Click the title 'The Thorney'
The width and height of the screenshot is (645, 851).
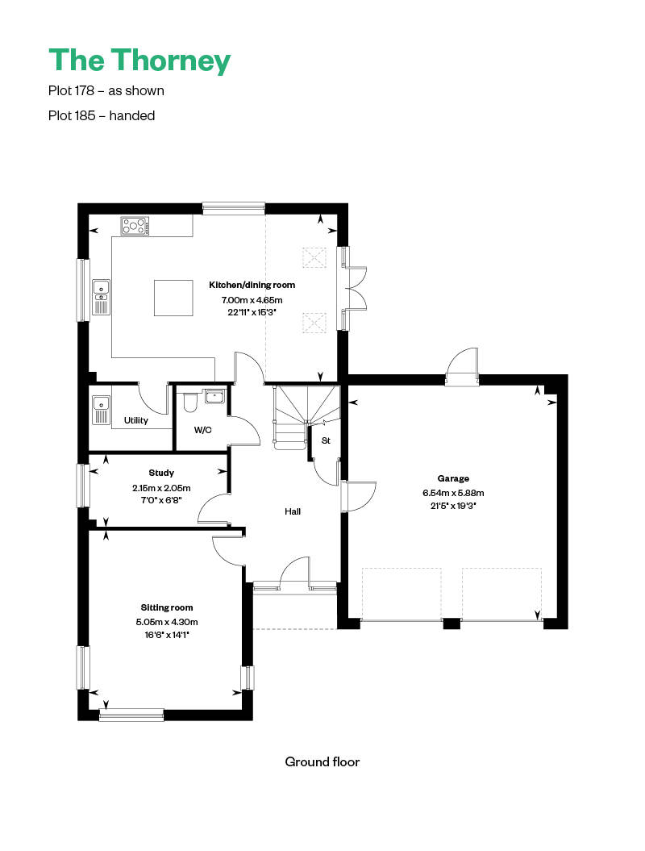pyautogui.click(x=139, y=60)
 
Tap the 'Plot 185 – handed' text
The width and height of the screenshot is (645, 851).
pyautogui.click(x=102, y=115)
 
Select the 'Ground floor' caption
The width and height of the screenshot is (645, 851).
pyautogui.click(x=322, y=762)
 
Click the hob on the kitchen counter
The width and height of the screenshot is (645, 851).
pyautogui.click(x=135, y=226)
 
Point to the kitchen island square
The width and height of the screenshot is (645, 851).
pyautogui.click(x=173, y=298)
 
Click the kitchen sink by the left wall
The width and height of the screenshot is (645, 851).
pyautogui.click(x=101, y=297)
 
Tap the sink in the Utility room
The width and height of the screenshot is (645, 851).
pyautogui.click(x=101, y=411)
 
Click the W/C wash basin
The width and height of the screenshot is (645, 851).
pyautogui.click(x=215, y=397)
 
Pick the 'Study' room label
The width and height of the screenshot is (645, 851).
pyautogui.click(x=161, y=473)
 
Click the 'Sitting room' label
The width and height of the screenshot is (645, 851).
pyautogui.click(x=167, y=608)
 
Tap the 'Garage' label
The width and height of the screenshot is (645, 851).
pyautogui.click(x=453, y=478)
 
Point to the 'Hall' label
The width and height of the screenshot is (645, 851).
pyautogui.click(x=293, y=511)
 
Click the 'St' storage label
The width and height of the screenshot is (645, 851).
pyautogui.click(x=326, y=440)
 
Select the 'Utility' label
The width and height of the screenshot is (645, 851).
pyautogui.click(x=135, y=420)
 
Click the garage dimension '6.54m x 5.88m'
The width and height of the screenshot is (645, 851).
pyautogui.click(x=453, y=494)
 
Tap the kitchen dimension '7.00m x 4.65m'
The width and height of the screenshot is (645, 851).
pyautogui.click(x=252, y=299)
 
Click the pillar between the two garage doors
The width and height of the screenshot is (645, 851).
pyautogui.click(x=451, y=624)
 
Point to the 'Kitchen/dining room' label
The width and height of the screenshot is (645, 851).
pyautogui.click(x=252, y=285)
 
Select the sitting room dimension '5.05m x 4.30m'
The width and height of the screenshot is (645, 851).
pyautogui.click(x=167, y=622)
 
